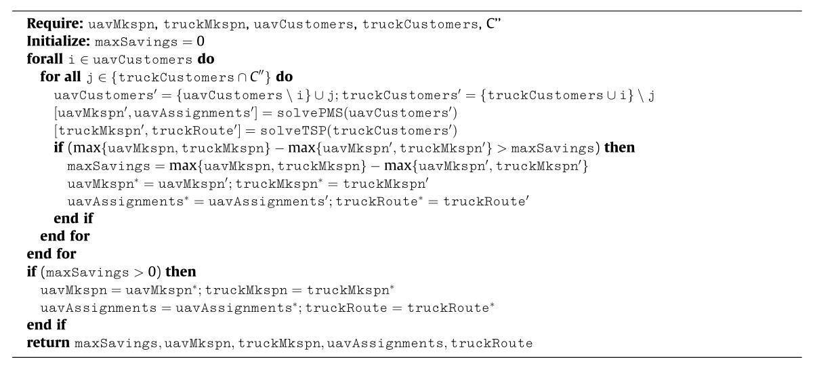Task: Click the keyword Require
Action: click(x=56, y=24)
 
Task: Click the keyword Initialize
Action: click(x=58, y=41)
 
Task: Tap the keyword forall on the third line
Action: click(x=45, y=59)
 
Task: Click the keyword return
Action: click(x=48, y=343)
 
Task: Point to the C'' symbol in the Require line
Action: click(x=493, y=24)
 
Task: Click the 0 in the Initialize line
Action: click(x=201, y=41)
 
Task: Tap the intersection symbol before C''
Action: click(x=242, y=77)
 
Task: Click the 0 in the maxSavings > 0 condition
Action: click(x=152, y=272)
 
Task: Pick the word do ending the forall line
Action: click(x=206, y=59)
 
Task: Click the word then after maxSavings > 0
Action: click(x=181, y=272)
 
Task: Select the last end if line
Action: click(x=47, y=325)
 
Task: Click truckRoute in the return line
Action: click(x=492, y=344)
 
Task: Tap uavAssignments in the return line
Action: click(x=385, y=344)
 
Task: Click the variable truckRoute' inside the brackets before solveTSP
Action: click(x=194, y=131)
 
